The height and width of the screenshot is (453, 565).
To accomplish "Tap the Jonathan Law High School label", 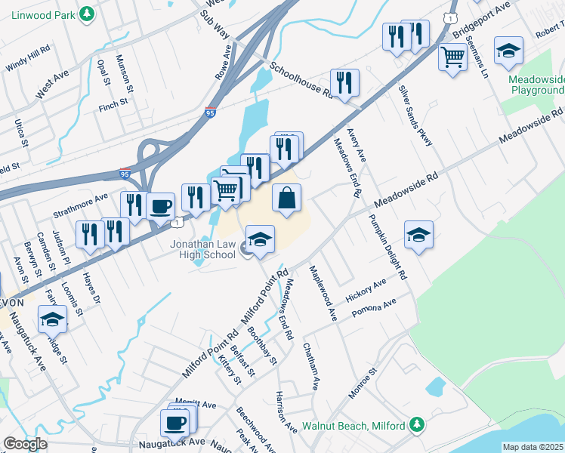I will [202, 251].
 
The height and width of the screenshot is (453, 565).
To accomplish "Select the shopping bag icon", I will [287, 199].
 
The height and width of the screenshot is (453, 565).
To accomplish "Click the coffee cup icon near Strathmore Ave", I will [160, 206].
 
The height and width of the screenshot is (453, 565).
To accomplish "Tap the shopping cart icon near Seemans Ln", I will [453, 56].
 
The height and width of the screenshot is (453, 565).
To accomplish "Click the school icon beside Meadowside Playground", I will [509, 51].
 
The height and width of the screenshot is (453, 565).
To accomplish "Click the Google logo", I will [25, 444].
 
